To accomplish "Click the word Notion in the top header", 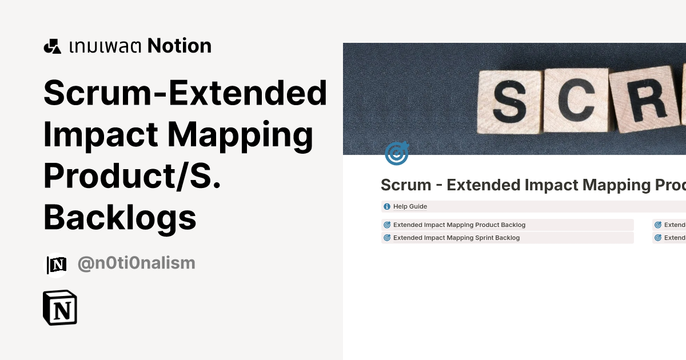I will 180,46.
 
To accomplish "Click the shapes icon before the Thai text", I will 52,46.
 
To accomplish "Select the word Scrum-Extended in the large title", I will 185,94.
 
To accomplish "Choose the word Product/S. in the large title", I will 132,176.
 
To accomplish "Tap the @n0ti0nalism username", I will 136,263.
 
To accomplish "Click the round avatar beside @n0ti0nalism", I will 57,265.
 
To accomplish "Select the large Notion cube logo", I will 60,308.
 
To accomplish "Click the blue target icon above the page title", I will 396,154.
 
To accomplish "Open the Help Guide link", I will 410,206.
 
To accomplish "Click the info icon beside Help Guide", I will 387,206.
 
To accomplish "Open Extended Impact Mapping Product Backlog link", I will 459,225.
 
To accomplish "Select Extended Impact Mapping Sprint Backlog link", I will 456,238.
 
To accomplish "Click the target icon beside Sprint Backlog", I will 387,238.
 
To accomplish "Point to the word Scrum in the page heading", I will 406,185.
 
